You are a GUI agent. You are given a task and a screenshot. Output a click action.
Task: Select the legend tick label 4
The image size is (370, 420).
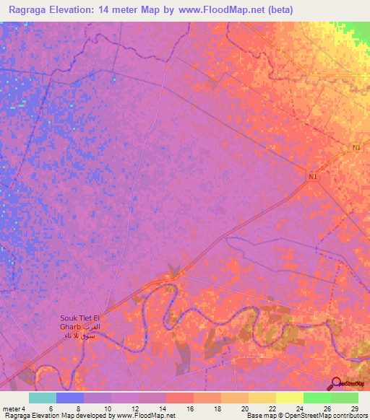[x=24, y=408]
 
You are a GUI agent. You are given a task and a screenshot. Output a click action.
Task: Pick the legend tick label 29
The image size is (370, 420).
[x=354, y=408]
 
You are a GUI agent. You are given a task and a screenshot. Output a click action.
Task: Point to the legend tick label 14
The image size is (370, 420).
[x=163, y=408]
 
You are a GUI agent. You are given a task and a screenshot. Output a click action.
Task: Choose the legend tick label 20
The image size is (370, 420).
[x=244, y=408]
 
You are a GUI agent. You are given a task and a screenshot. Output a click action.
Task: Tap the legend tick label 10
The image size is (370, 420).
[x=107, y=408]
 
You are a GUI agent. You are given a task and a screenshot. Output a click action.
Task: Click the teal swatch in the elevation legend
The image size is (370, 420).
[x=43, y=398]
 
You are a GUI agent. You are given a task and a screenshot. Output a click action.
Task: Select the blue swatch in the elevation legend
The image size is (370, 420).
[x=70, y=398]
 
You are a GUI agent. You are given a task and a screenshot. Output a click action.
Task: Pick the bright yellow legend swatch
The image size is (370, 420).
[x=289, y=398]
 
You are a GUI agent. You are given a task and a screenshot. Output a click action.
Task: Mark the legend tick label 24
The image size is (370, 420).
[x=299, y=408]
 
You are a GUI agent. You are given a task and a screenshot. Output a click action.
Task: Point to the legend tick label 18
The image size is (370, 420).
[x=217, y=408]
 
